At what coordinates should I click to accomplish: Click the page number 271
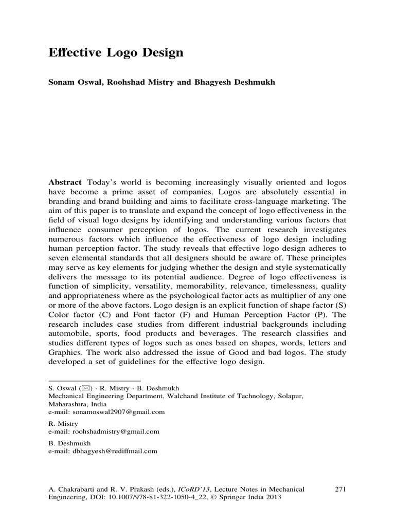tap(340, 489)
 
